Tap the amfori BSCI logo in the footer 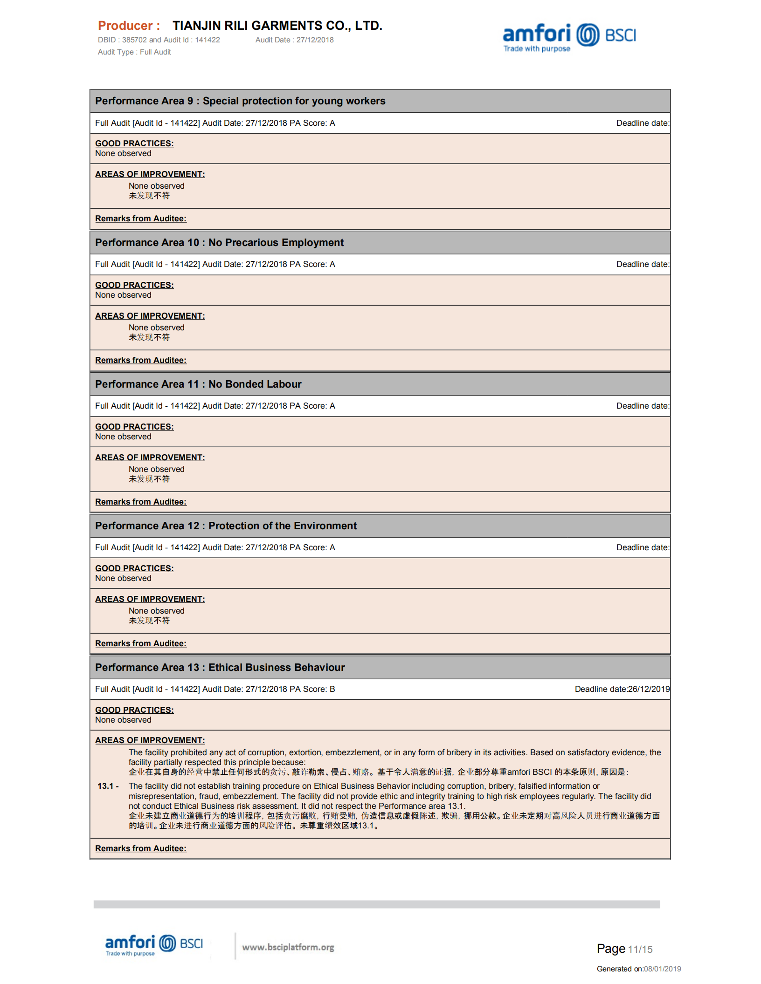(x=154, y=944)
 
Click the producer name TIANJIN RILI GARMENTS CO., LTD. (x=277, y=26)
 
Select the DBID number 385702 (x=134, y=40)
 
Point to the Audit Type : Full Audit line (x=134, y=52)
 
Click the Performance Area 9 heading (x=240, y=101)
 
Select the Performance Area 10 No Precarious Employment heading (x=219, y=243)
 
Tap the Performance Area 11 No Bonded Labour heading (x=198, y=384)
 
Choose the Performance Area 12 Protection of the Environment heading (x=226, y=526)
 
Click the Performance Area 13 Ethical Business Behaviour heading (x=220, y=668)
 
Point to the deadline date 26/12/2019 (x=649, y=689)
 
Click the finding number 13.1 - (x=108, y=786)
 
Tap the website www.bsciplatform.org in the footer (x=288, y=947)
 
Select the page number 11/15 (x=640, y=950)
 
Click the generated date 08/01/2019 (x=662, y=969)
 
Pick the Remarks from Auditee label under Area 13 (x=140, y=848)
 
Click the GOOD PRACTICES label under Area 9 (x=134, y=143)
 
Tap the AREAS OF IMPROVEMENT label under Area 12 (x=150, y=599)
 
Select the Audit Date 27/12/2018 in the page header (x=315, y=40)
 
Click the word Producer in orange (x=125, y=26)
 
